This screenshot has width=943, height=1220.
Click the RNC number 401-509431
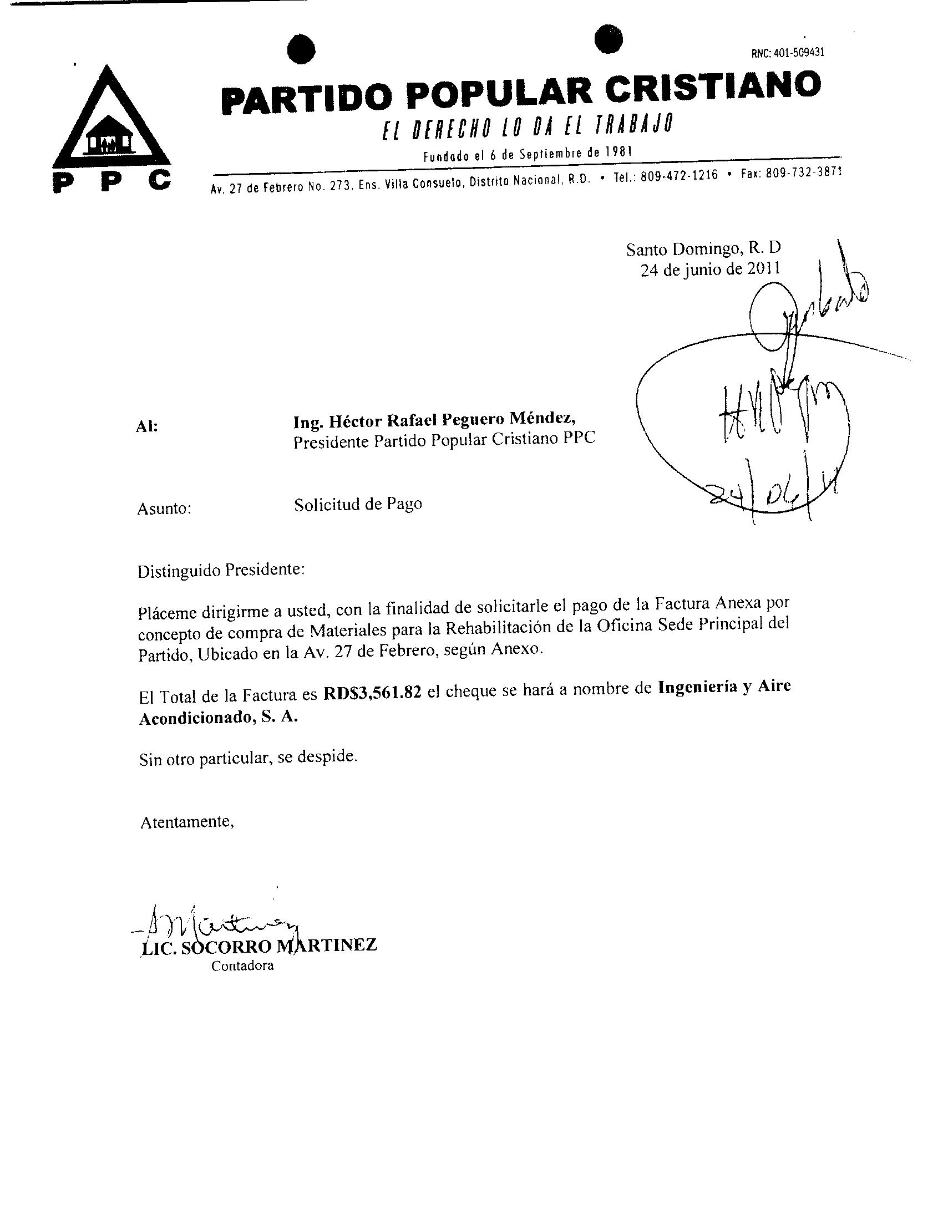coord(788,53)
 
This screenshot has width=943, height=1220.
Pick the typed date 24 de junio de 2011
coord(710,270)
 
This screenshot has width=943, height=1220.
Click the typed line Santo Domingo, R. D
coord(703,248)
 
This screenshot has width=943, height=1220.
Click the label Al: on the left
coord(147,427)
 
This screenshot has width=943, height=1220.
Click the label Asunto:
coord(164,509)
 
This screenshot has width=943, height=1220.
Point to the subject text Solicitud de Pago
coord(358,504)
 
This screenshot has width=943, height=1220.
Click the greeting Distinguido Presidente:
coord(221,571)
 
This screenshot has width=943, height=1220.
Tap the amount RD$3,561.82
coord(372,694)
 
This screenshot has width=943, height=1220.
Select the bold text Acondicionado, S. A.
coord(218,718)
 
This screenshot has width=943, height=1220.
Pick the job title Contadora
coord(242,966)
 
